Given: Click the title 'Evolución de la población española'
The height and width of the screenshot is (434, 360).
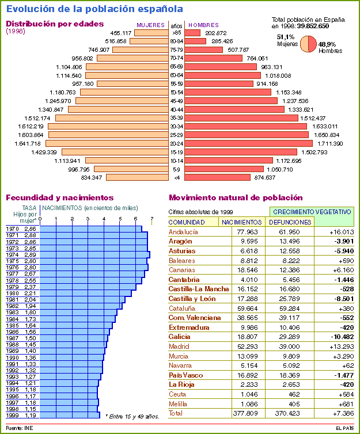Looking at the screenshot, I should coord(94,9).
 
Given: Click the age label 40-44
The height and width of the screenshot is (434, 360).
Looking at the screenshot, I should coord(177,109).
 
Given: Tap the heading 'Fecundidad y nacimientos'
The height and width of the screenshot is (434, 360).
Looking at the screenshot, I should coord(60,197).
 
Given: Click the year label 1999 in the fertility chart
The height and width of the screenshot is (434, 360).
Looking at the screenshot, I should coord(12,415).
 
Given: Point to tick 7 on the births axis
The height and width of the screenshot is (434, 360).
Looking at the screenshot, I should coord(151,219).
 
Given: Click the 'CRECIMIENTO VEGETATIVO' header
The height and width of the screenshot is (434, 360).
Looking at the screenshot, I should coord(312,212).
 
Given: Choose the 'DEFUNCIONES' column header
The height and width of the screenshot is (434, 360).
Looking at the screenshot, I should coord(290,222).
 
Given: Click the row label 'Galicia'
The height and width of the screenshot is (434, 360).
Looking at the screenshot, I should coord(179,337).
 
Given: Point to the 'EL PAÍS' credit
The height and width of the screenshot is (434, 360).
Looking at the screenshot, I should coord(345,428).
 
